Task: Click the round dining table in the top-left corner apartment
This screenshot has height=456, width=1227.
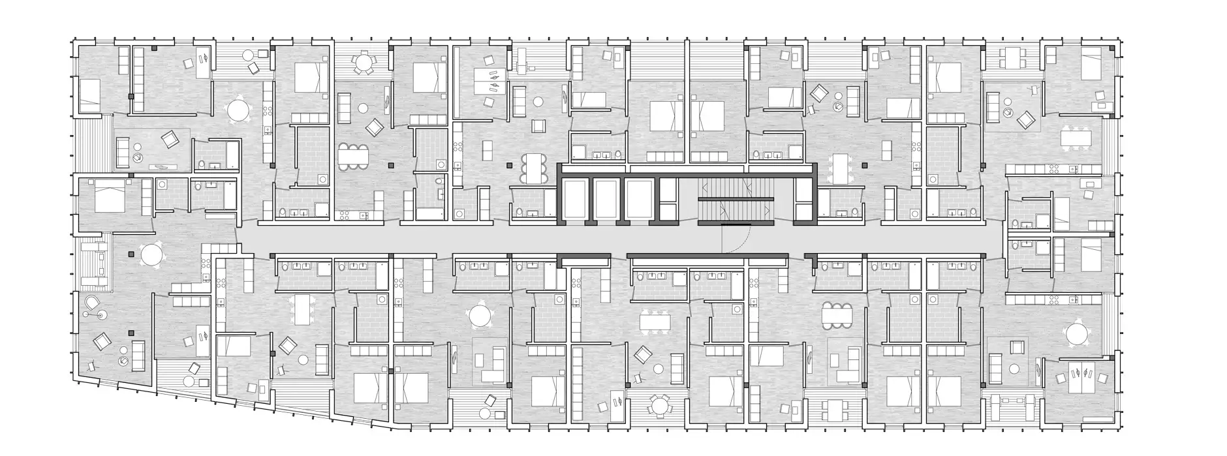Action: (238, 110)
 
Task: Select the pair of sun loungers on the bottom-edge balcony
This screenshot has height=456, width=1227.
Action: (1003, 409)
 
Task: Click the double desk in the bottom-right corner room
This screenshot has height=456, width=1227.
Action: (1079, 381)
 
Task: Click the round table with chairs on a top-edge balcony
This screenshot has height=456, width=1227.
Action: (361, 63)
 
